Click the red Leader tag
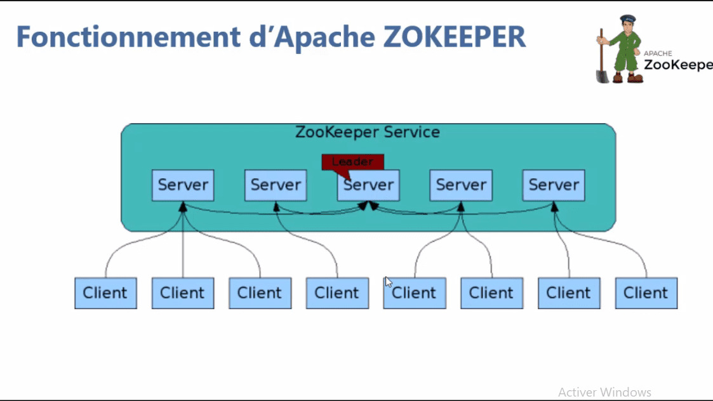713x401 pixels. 352,161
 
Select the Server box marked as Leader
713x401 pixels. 368,185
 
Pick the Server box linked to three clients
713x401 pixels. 183,185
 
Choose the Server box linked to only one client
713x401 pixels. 276,185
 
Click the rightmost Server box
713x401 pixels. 554,185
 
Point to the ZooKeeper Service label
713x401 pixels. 367,133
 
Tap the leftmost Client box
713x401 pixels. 105,293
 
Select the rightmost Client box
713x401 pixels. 646,293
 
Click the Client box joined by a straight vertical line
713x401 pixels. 183,293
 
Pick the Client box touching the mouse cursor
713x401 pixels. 414,293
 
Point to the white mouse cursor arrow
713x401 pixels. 388,282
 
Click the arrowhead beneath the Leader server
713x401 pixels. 369,206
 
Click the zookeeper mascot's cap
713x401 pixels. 627,19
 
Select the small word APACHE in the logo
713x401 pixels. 658,54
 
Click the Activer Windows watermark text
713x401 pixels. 604,392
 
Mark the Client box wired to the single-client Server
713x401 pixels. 337,293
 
